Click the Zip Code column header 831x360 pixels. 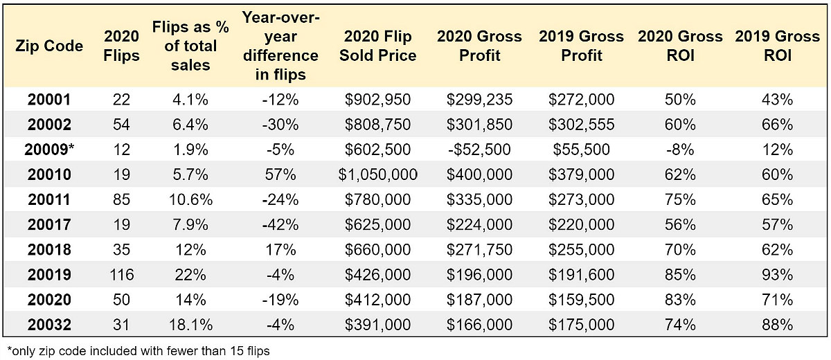[x=49, y=46]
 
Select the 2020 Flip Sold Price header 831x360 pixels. [x=377, y=46]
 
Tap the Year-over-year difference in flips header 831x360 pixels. [x=280, y=46]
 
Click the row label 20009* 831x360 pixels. [x=49, y=150]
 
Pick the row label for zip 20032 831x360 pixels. [x=49, y=325]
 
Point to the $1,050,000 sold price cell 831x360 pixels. [x=377, y=174]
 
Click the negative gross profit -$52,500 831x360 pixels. [x=479, y=150]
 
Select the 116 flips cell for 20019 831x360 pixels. [x=121, y=275]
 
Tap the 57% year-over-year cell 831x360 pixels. [x=280, y=174]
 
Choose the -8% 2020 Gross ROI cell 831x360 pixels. [x=680, y=150]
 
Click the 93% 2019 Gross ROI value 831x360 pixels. [x=777, y=275]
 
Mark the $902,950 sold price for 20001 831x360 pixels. [x=377, y=100]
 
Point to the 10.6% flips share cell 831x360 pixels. [x=190, y=200]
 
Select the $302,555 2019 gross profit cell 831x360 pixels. [x=581, y=125]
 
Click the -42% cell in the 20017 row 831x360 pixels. [x=280, y=225]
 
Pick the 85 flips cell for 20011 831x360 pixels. [x=121, y=200]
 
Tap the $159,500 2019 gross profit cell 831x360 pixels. [x=581, y=300]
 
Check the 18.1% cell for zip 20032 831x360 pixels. [x=190, y=325]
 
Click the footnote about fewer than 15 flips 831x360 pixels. [x=138, y=351]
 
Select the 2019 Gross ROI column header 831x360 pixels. [x=777, y=46]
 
